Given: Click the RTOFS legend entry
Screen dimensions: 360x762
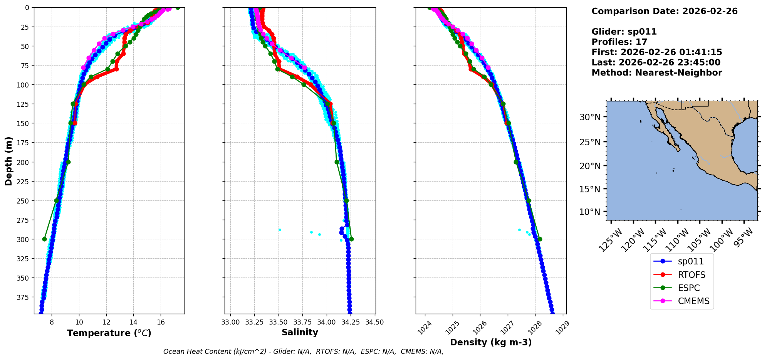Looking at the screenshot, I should click(x=691, y=275).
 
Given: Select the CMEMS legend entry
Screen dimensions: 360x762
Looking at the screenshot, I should click(x=693, y=301).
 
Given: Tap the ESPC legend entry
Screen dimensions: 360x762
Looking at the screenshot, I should click(x=688, y=288).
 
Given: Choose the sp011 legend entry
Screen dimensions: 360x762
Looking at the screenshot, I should click(x=691, y=261).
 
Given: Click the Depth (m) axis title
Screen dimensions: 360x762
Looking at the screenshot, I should click(x=9, y=161).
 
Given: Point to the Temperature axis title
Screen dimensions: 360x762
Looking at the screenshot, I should click(x=109, y=333).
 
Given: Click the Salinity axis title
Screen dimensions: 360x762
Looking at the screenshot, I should click(x=300, y=332).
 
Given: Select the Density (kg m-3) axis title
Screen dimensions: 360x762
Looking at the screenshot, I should click(x=490, y=342).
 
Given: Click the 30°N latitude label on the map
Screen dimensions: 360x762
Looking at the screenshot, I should click(x=590, y=117).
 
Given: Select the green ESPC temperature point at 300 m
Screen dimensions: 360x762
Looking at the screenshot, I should click(x=45, y=239).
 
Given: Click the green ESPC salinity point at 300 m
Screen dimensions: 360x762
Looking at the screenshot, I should click(x=351, y=239).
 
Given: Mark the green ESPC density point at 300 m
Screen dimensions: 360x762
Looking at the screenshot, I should click(x=540, y=239).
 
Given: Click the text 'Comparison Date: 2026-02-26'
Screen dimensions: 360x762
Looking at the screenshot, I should click(x=664, y=11).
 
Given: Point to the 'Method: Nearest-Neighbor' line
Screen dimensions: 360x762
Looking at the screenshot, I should click(x=656, y=73).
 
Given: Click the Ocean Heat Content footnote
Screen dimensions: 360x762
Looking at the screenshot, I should click(x=303, y=352).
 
